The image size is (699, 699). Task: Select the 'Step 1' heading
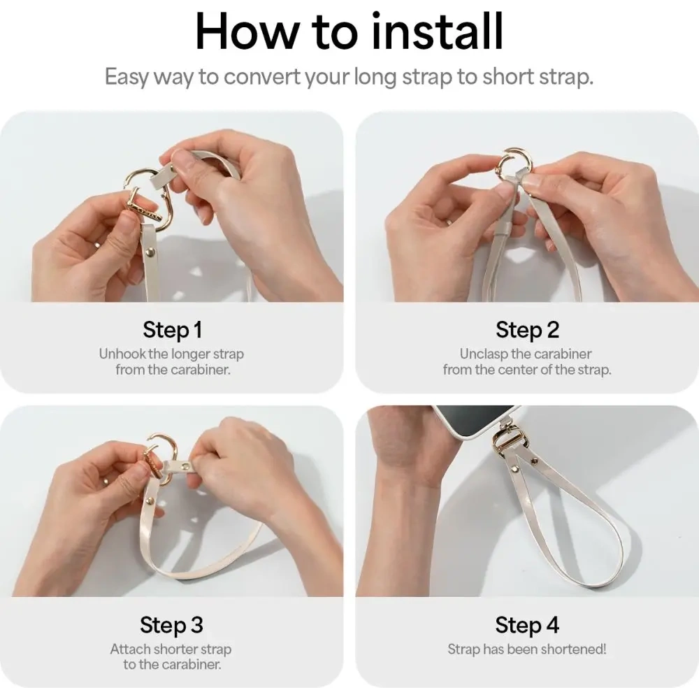click(173, 329)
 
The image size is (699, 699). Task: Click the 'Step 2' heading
click(527, 329)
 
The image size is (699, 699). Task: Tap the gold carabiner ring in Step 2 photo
click(512, 164)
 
